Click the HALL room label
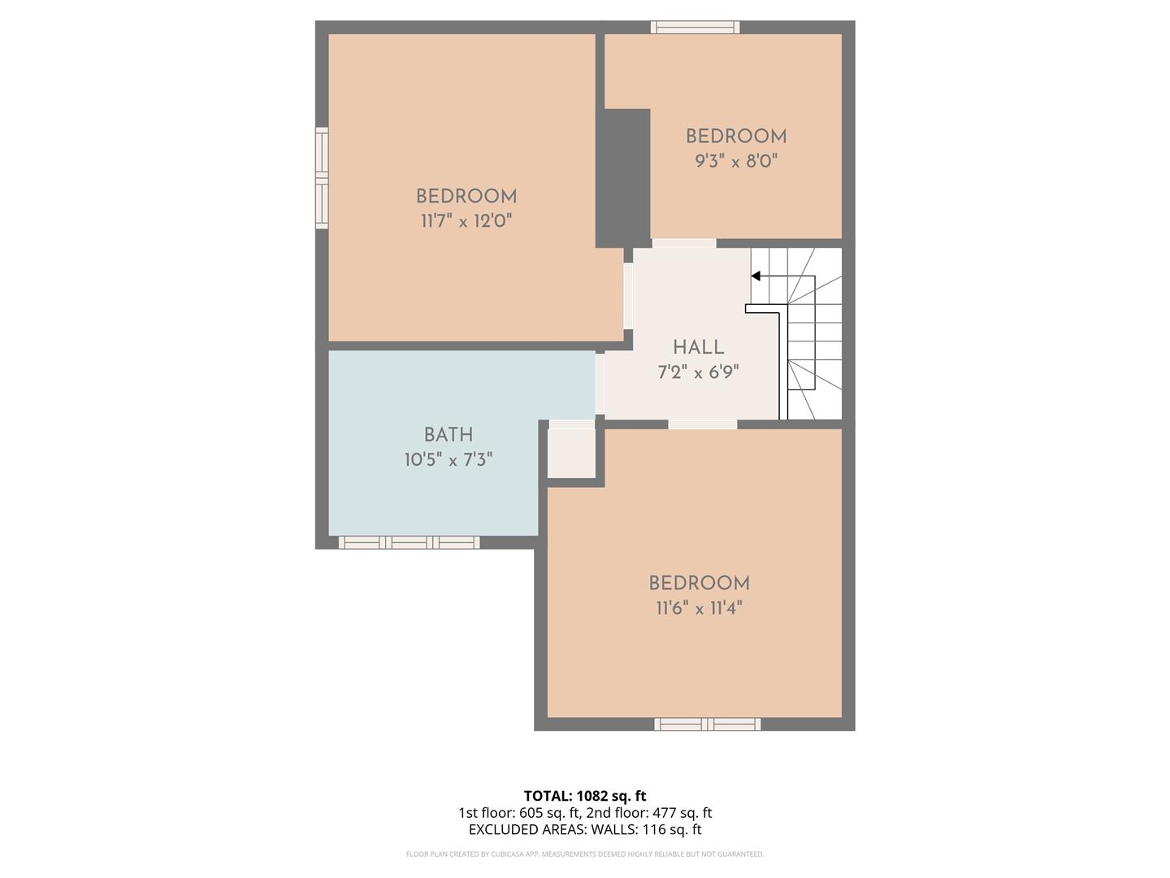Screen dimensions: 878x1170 click(x=698, y=347)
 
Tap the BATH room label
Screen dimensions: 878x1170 click(x=448, y=435)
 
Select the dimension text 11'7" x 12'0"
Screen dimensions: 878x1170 click(x=466, y=220)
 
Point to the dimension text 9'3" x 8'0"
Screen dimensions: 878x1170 click(x=736, y=161)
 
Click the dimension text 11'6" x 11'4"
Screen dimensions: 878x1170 click(x=699, y=607)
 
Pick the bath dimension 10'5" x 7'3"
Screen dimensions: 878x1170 click(x=448, y=460)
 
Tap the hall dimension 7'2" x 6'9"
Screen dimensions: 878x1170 click(x=698, y=372)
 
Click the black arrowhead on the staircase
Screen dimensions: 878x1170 click(x=756, y=276)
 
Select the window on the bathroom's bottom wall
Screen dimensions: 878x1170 click(x=409, y=542)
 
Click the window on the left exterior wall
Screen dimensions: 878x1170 click(x=322, y=178)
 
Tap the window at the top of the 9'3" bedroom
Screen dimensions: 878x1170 click(x=695, y=27)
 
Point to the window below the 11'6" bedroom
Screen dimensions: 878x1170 click(x=708, y=724)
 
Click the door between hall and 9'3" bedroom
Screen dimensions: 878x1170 click(x=684, y=243)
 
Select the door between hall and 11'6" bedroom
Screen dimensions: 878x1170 click(x=703, y=424)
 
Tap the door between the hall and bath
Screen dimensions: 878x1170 click(x=600, y=384)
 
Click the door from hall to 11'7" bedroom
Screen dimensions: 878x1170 click(x=628, y=295)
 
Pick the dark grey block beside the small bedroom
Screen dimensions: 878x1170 click(x=623, y=178)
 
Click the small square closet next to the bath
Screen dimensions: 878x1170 click(x=571, y=453)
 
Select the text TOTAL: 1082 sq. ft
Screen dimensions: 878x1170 click(x=585, y=796)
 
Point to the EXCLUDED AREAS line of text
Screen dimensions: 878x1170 click(x=585, y=829)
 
